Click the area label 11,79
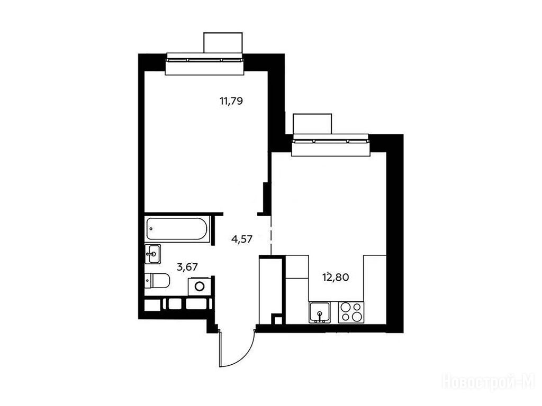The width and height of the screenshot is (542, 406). [x=232, y=101]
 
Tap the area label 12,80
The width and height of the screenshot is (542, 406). [x=336, y=277]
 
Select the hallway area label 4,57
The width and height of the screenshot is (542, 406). [x=241, y=239]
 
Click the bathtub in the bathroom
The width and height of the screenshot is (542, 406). [x=177, y=229]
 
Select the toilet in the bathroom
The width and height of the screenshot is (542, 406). [x=157, y=281]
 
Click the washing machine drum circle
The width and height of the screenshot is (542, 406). [x=200, y=286]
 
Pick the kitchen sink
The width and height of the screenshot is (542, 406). [x=320, y=313]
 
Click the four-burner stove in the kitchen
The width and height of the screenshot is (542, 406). [x=351, y=312]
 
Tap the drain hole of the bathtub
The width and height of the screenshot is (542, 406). [x=151, y=228]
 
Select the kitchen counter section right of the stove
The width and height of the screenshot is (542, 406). [x=375, y=290]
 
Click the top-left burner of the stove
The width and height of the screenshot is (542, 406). [x=345, y=307]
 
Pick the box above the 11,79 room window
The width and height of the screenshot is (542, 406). [x=223, y=43]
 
